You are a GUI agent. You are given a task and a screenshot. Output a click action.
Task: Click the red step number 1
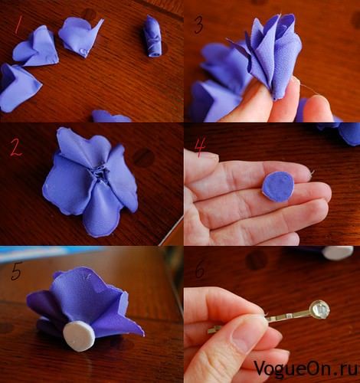(18, 25)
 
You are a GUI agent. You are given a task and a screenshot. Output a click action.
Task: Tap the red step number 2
(15, 148)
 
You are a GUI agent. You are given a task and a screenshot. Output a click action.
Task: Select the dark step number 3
(198, 25)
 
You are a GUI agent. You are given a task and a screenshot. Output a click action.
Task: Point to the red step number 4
(200, 146)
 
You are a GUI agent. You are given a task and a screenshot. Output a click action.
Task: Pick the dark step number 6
(200, 270)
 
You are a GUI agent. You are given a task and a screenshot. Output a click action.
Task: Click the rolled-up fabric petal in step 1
(152, 36)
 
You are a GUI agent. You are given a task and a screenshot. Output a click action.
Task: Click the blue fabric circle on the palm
(278, 187)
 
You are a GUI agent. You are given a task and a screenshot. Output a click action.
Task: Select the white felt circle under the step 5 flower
(79, 336)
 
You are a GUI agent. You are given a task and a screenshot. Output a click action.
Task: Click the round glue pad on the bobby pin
(319, 309)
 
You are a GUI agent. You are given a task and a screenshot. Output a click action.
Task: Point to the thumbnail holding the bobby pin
(246, 336)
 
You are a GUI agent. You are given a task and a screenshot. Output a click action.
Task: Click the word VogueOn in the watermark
(293, 368)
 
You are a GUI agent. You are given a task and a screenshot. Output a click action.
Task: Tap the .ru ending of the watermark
(347, 369)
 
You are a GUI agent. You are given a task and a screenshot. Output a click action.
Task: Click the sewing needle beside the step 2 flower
(170, 231)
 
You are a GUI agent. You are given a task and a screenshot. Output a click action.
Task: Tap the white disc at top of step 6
(338, 253)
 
